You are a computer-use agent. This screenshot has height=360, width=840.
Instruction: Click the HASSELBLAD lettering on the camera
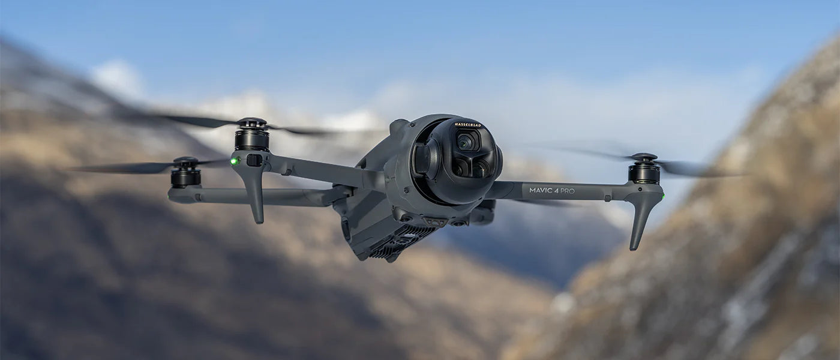[x=467, y=125]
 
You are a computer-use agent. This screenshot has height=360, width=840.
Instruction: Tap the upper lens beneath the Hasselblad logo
[x=466, y=142]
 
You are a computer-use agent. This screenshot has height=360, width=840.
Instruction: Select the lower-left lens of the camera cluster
[x=460, y=167]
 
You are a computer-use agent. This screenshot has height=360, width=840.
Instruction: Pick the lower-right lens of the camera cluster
[x=480, y=169]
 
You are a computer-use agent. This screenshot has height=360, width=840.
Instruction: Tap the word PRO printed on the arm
[x=567, y=191]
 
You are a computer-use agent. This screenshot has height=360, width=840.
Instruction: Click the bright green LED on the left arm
[x=234, y=161]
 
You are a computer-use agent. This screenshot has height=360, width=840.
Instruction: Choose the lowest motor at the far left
[x=185, y=177]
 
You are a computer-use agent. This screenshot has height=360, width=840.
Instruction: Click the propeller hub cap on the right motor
[x=643, y=157]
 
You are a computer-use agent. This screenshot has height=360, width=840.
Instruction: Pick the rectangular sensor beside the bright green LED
[x=254, y=160]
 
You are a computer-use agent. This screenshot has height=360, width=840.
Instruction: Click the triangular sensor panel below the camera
[x=435, y=221]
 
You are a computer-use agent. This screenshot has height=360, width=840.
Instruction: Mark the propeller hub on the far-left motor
[x=185, y=161]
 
